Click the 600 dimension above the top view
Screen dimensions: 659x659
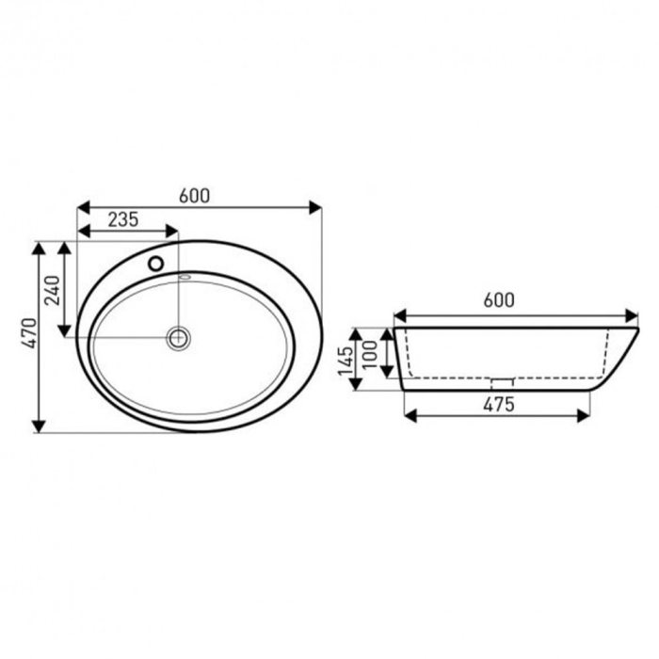tap(193, 196)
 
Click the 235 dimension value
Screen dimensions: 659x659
tap(122, 219)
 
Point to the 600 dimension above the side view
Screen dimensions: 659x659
tap(498, 300)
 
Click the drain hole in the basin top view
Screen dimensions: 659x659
tap(178, 336)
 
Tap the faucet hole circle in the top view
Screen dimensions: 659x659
tap(155, 264)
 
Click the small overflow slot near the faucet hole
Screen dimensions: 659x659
tap(185, 277)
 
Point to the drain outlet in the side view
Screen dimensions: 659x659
tap(502, 382)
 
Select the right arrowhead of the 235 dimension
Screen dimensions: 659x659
tap(171, 231)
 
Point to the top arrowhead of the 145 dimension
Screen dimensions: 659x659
tap(356, 333)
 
